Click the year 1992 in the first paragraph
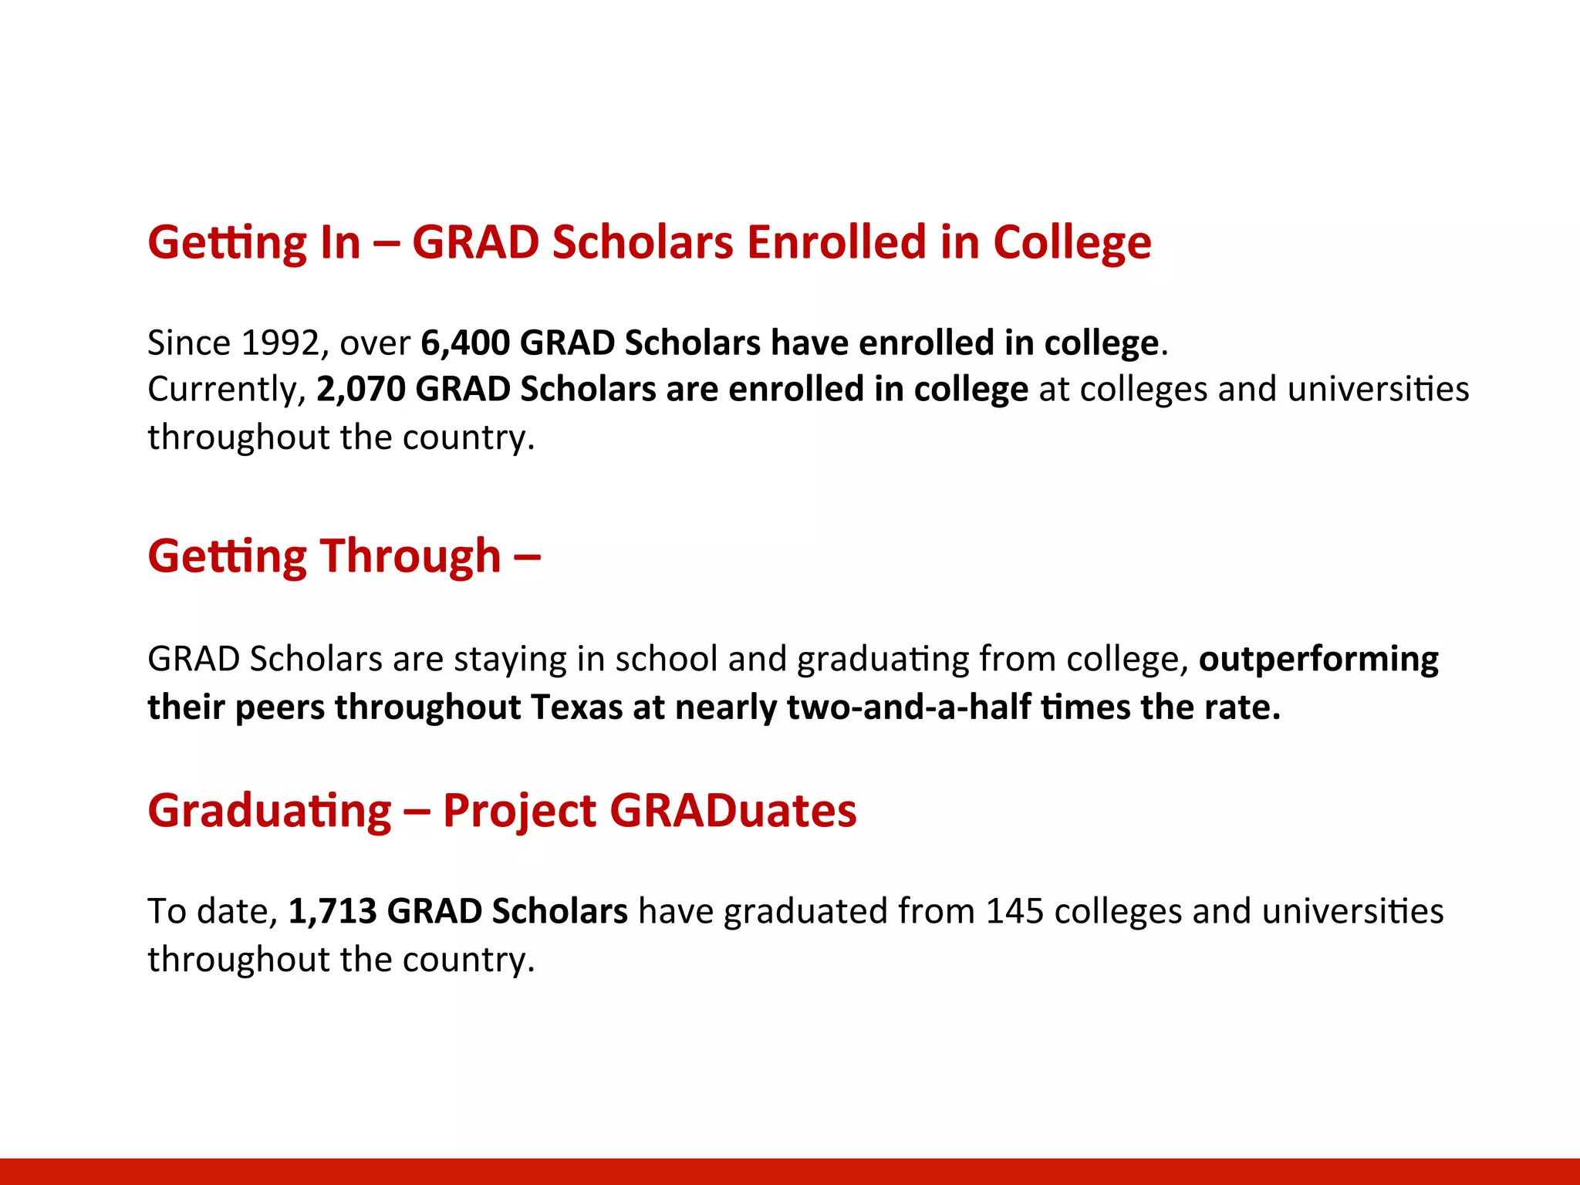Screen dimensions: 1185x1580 coord(280,343)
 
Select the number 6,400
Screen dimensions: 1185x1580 coord(464,343)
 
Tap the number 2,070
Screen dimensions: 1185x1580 coord(360,390)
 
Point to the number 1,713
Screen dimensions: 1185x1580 coord(332,911)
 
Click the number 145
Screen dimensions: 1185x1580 coord(1015,911)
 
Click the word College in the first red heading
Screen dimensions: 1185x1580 coord(1072,243)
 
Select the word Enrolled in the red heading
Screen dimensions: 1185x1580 coord(836,243)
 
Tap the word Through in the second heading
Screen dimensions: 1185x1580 coord(410,556)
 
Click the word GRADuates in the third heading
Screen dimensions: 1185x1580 coord(733,811)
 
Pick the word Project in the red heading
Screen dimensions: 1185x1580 coord(519,811)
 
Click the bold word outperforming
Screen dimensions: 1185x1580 coord(1318,660)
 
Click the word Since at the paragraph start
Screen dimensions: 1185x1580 coord(189,343)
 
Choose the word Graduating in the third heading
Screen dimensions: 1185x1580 coord(270,811)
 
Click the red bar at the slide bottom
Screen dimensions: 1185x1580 coord(790,1171)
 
